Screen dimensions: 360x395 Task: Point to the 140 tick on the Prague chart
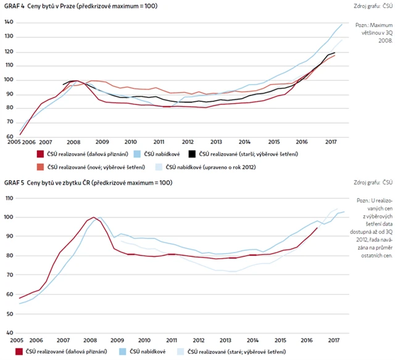pyautogui.click(x=9, y=22)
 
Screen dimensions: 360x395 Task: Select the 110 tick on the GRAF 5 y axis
pyautogui.click(x=9, y=198)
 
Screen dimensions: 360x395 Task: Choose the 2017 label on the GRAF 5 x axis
pyautogui.click(x=335, y=340)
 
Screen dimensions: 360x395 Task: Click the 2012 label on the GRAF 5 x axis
pyautogui.click(x=198, y=340)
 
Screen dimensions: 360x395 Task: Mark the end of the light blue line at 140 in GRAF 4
pyautogui.click(x=342, y=24)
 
